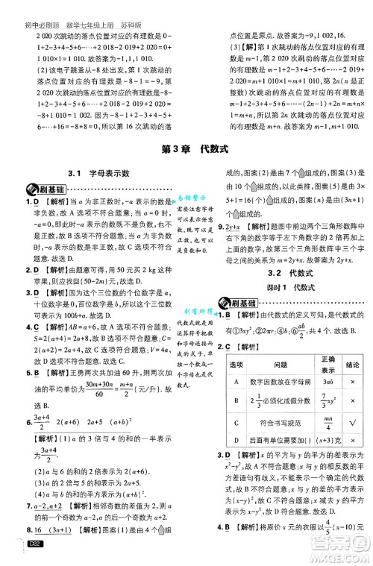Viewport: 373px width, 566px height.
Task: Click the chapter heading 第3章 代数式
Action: click(x=186, y=148)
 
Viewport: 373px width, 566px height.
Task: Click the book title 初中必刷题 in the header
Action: click(x=23, y=7)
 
